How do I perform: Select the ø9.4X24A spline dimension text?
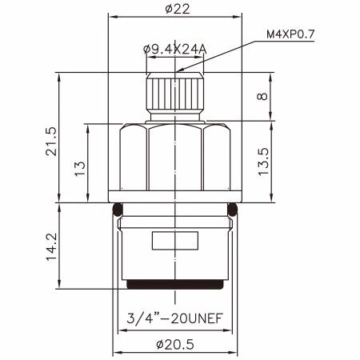(x=174, y=50)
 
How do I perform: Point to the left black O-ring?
(x=117, y=210)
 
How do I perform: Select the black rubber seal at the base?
(x=175, y=284)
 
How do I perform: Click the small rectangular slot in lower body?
(x=175, y=239)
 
